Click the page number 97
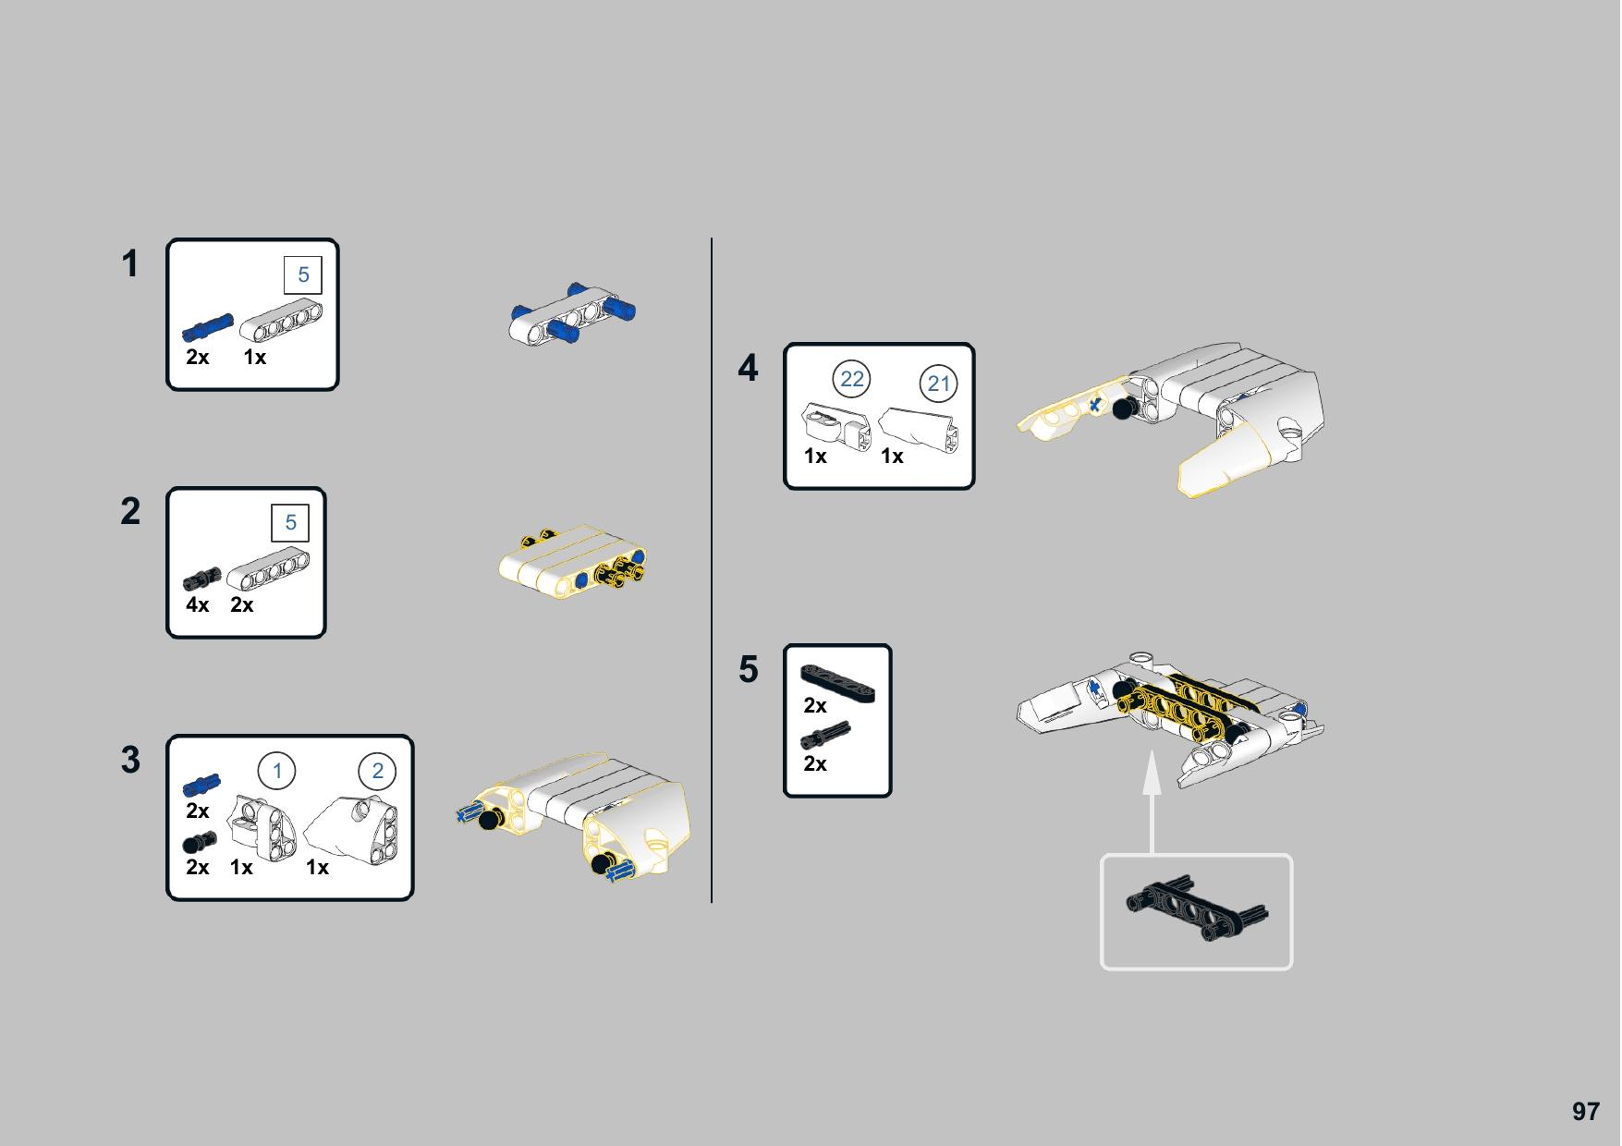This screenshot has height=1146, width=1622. coord(1585,1111)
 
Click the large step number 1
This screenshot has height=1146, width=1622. coord(130,264)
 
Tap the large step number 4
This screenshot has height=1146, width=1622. coord(748,368)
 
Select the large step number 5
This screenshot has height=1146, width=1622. coord(748,669)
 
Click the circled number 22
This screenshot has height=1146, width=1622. coord(851,379)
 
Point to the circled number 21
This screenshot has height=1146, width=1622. coord(938,384)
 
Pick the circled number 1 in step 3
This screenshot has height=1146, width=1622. coord(276,771)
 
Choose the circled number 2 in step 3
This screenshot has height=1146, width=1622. coord(377,771)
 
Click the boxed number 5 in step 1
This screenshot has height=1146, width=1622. coord(303,274)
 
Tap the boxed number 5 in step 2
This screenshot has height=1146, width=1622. coord(290,522)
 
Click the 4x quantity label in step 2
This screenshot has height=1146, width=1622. coord(198,604)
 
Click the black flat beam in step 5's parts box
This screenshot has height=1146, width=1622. coord(837,683)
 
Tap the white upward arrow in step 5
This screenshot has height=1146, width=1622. coord(1152,803)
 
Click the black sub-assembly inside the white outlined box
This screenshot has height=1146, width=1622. coord(1198,909)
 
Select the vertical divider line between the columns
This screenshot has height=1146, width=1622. coord(712,570)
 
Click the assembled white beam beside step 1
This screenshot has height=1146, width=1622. coord(573,314)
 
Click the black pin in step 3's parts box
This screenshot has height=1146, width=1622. coord(200,842)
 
